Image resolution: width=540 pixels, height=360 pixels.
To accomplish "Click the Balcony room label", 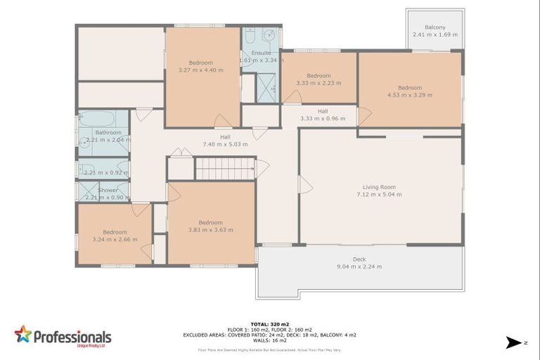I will (435, 27).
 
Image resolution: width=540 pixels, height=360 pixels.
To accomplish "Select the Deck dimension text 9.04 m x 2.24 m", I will (359, 266).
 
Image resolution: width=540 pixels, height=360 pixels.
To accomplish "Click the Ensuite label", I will (261, 53).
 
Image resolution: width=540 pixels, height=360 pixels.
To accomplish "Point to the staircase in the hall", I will (224, 169).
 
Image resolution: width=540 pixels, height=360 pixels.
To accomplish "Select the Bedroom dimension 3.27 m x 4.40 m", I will (200, 70).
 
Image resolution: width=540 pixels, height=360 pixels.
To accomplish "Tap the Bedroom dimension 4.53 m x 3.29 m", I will (410, 95).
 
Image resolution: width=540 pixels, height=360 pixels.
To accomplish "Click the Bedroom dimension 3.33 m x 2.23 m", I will (319, 83).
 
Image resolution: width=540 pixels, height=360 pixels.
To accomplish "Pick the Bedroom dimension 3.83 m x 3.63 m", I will (210, 230).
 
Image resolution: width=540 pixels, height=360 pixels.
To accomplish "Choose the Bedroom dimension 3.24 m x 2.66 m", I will (115, 240).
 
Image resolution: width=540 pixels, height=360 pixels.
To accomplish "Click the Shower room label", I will (108, 190).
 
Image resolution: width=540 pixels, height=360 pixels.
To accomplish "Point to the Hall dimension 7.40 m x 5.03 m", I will (225, 144).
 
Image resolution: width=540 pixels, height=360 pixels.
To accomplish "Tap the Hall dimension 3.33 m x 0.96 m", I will (323, 119).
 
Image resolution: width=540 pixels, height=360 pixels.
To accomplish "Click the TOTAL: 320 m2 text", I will (270, 325).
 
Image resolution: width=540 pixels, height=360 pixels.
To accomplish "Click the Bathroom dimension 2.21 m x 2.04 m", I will (108, 140).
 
